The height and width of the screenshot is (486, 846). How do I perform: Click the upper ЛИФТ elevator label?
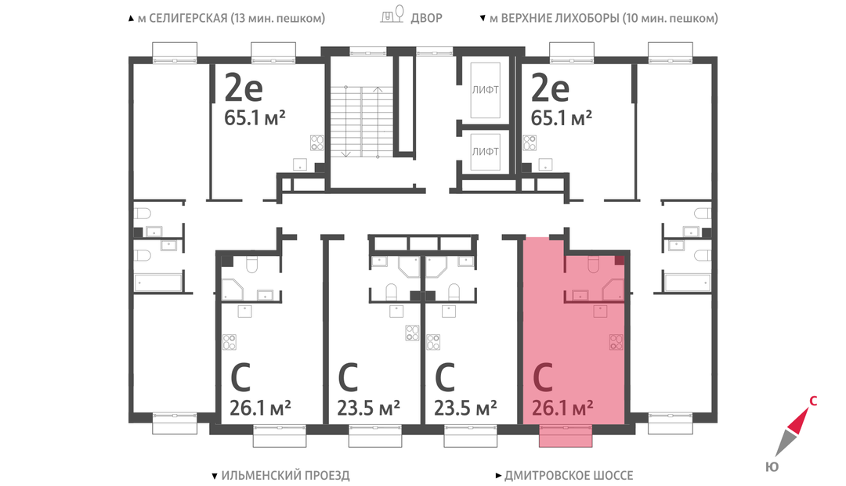point(485,90)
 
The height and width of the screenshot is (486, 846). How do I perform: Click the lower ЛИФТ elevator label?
point(485,151)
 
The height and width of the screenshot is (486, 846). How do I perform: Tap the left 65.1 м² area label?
point(255,117)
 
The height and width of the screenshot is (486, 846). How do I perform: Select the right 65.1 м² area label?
point(561,117)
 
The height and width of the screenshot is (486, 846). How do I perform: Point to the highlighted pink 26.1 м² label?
point(562,407)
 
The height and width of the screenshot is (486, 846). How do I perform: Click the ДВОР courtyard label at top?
point(426,18)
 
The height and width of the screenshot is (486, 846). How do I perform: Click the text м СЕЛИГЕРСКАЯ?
point(183,18)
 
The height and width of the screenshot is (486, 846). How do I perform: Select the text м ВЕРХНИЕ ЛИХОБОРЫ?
point(554,18)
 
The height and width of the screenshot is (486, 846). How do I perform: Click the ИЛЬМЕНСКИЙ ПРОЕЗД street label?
point(285,475)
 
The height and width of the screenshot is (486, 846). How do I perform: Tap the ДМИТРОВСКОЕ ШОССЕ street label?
point(569,475)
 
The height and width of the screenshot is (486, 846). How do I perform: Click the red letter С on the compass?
point(813,401)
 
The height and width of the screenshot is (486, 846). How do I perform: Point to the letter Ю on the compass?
point(772,466)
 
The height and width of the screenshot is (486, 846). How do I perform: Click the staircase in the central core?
point(361,122)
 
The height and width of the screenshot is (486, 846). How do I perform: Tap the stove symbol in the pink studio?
point(616,341)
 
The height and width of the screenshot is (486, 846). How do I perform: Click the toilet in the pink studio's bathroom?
point(593,265)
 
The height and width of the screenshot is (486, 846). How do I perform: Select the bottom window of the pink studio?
point(566,435)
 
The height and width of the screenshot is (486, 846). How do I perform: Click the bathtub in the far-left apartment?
point(157,283)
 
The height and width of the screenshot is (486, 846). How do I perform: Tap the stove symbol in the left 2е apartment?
point(316,142)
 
